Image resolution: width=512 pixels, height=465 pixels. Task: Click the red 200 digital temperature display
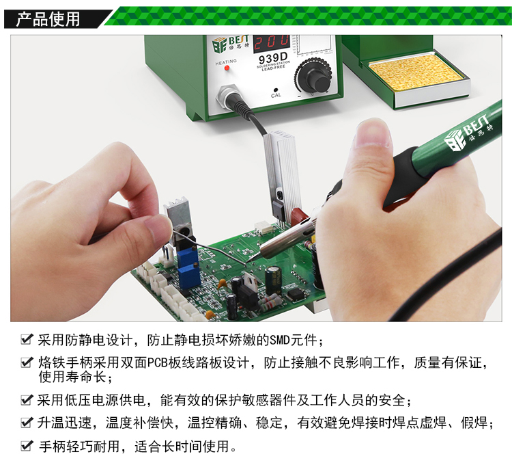[x=272, y=42]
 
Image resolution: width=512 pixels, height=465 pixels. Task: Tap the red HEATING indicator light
[x=227, y=68]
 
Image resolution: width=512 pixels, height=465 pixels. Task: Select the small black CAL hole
[x=276, y=90]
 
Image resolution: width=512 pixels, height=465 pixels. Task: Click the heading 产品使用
[x=48, y=19]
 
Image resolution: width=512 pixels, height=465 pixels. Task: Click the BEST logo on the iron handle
[x=468, y=133]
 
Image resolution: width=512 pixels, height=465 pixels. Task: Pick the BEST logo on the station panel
[x=230, y=44]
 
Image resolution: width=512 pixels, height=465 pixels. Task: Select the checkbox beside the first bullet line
[x=27, y=339]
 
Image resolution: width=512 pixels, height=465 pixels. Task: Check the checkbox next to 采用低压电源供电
[x=27, y=399]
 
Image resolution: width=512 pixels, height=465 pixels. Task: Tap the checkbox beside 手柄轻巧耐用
[x=27, y=445]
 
